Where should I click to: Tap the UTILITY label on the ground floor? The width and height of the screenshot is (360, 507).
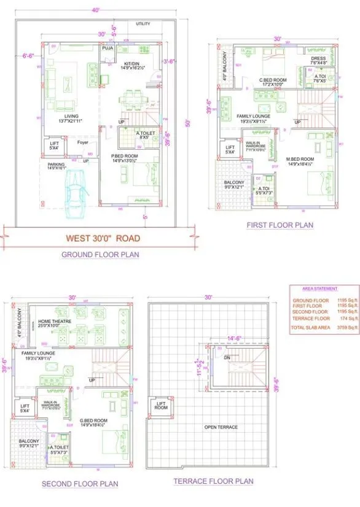click(x=143, y=24)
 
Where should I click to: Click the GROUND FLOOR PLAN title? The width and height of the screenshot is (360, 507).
click(x=100, y=254)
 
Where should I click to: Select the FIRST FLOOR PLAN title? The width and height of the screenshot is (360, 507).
click(x=280, y=225)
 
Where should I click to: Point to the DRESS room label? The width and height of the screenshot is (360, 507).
click(x=318, y=60)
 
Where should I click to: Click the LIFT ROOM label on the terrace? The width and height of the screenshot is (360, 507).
click(x=161, y=405)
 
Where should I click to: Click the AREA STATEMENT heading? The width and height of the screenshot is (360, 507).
click(x=319, y=288)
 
